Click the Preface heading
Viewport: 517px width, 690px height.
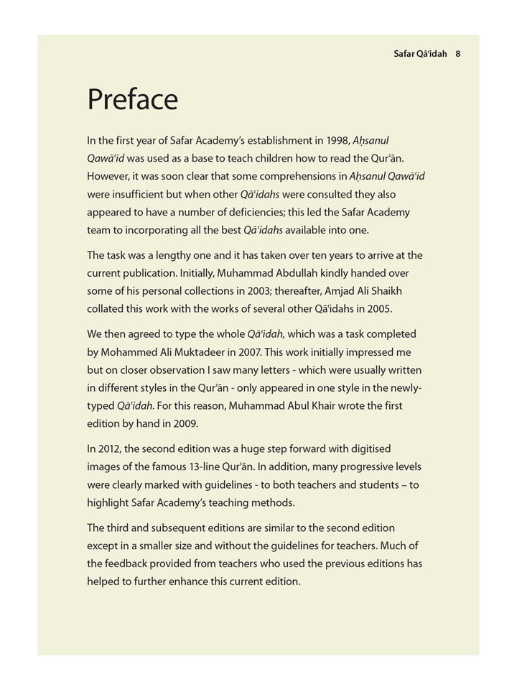[132, 98]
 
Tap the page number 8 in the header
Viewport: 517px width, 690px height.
[457, 53]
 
